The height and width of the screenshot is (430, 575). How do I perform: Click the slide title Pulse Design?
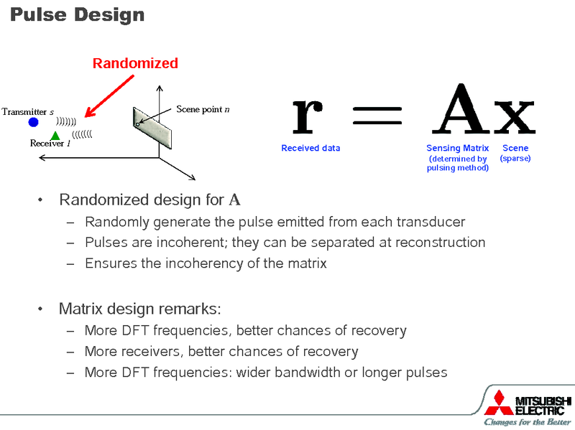(77, 14)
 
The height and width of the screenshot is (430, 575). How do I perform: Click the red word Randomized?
(135, 63)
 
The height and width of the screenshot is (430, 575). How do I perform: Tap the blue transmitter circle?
(33, 123)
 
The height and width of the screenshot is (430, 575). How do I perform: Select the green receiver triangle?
(55, 135)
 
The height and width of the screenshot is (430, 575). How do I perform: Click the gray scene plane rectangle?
(153, 126)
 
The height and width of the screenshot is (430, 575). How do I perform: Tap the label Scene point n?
(203, 109)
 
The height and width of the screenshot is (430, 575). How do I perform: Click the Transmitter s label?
(27, 112)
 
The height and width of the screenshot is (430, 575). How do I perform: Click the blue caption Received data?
(310, 148)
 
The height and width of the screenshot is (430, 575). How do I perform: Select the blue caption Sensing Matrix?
(457, 148)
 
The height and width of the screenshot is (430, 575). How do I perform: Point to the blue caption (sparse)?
(515, 158)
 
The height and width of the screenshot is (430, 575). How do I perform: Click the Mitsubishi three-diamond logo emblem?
(499, 402)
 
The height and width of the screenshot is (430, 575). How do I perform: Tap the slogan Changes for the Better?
(527, 422)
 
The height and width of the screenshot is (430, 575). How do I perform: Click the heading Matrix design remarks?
(139, 309)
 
